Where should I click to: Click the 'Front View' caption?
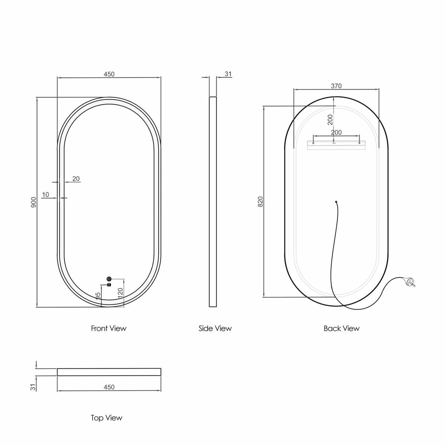[x=109, y=329]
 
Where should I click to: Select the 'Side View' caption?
[x=215, y=329]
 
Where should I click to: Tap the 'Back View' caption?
[x=342, y=329]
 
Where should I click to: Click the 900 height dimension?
[x=34, y=202]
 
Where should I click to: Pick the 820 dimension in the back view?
[x=261, y=201]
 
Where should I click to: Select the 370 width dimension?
[x=336, y=86]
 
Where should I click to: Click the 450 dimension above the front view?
[x=109, y=74]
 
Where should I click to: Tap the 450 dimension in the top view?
[x=109, y=387]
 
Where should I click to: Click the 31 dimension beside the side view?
[x=228, y=74]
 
